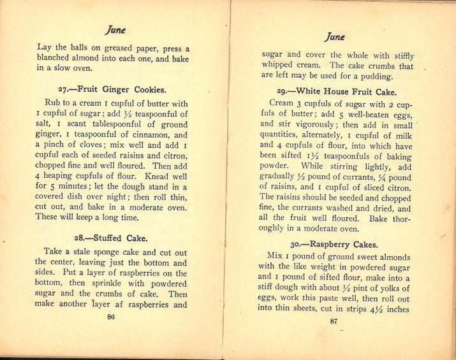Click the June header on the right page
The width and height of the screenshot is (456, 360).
tap(335, 38)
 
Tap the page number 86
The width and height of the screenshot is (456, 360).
tap(111, 317)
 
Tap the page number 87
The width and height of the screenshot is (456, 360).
tap(333, 320)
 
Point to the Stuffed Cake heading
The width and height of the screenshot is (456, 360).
tap(111, 238)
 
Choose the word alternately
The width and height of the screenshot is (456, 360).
tap(319, 136)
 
